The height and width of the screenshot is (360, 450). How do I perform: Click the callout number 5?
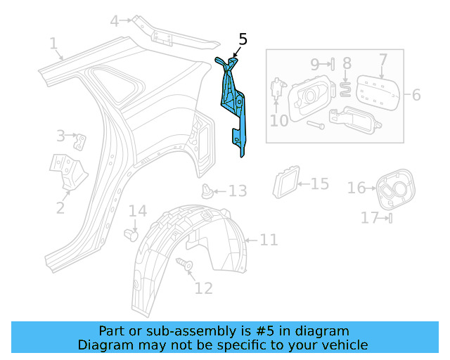click(x=243, y=39)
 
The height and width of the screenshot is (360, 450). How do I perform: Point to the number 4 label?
click(x=115, y=21)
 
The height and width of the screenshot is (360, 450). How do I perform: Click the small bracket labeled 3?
click(x=82, y=141)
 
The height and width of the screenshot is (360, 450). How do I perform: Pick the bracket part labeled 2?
click(x=68, y=173)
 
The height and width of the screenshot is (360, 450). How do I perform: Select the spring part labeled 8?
click(x=346, y=87)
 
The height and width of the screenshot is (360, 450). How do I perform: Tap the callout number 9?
click(x=315, y=64)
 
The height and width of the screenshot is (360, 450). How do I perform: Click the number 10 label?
click(x=279, y=121)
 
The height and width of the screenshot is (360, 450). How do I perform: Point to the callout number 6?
click(x=416, y=94)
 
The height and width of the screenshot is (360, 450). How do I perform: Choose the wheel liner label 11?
click(x=269, y=240)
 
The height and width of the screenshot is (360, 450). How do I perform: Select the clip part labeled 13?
click(x=207, y=190)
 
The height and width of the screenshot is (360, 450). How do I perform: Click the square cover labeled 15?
click(x=286, y=182)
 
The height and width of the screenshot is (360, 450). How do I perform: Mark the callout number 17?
click(x=370, y=218)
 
